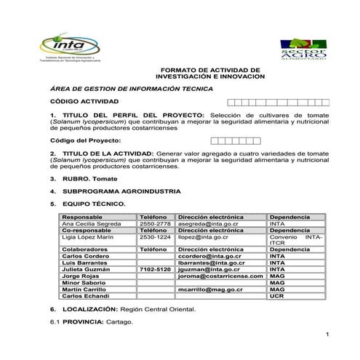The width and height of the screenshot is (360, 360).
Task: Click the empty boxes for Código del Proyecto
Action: (235, 140)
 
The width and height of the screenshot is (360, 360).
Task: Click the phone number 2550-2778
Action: (155, 224)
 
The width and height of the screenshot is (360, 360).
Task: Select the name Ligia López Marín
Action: (89, 237)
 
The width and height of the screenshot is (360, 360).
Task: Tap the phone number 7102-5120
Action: (155, 269)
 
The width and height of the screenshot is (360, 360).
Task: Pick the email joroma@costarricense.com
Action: (220, 276)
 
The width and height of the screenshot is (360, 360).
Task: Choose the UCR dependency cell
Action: (276, 296)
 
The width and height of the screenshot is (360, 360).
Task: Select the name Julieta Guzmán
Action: (87, 269)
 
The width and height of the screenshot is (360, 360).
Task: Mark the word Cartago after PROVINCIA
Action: (119, 321)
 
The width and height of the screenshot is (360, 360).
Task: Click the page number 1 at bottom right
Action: (329, 334)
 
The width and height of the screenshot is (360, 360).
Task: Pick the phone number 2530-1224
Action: (155, 237)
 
